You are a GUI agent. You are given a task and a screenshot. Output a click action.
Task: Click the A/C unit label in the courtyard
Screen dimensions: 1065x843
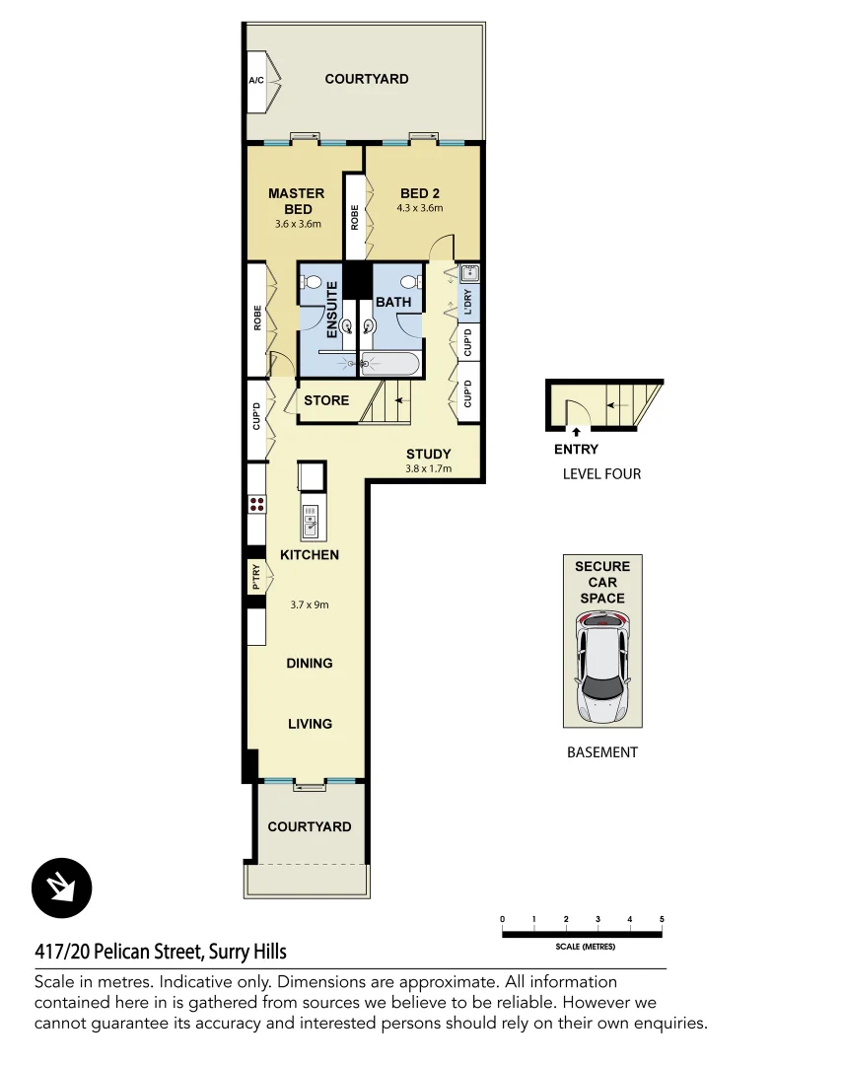click(x=255, y=80)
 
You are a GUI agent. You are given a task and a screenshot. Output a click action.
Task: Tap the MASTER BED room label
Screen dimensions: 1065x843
click(x=296, y=201)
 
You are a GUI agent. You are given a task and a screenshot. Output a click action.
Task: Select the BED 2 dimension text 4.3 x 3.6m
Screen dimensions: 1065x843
click(x=420, y=209)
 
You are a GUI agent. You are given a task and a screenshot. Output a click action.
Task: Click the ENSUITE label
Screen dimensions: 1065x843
click(x=332, y=310)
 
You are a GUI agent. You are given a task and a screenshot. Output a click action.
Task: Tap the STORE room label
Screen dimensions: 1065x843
click(x=326, y=400)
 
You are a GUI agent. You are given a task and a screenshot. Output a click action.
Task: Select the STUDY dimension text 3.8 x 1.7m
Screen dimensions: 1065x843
click(x=428, y=469)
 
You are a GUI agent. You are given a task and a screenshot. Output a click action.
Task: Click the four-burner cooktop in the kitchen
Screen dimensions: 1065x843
click(x=257, y=504)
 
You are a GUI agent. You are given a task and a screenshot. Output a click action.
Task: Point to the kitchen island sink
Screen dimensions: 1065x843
click(x=311, y=522)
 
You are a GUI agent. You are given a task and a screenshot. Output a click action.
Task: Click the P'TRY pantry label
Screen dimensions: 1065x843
click(x=256, y=576)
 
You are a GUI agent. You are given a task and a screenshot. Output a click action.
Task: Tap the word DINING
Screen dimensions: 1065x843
click(x=310, y=664)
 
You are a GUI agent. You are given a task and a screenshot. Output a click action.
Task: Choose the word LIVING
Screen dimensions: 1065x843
click(x=310, y=724)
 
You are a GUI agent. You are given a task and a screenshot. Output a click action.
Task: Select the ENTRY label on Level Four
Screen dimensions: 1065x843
click(x=576, y=450)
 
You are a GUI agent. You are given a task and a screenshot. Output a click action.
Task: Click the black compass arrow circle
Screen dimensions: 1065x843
click(x=61, y=887)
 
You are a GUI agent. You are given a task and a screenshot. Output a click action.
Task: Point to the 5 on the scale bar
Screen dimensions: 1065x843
click(x=662, y=919)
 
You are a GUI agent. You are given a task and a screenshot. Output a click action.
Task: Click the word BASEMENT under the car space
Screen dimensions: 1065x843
click(x=602, y=752)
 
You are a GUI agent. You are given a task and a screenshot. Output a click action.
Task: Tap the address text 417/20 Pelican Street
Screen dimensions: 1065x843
click(x=161, y=952)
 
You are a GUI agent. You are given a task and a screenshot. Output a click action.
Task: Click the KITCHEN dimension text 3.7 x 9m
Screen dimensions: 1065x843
click(x=310, y=605)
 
